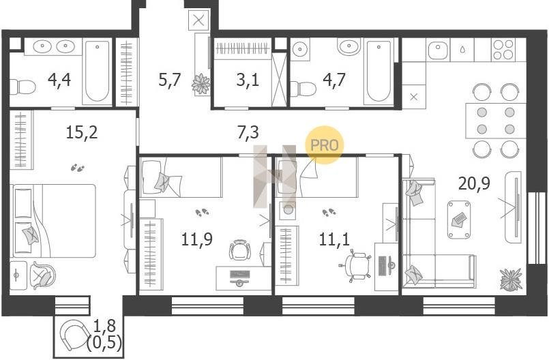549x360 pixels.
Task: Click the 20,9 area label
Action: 474,183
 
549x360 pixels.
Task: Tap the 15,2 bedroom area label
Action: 82,132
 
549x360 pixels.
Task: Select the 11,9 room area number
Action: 197,239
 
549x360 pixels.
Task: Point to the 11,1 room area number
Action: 334,239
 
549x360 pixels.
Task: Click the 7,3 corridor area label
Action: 248,133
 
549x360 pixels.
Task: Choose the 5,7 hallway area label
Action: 169,80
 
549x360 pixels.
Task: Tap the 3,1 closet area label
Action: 248,80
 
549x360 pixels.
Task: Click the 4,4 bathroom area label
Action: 59,80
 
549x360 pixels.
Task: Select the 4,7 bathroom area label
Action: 334,80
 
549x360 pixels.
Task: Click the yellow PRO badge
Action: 324,145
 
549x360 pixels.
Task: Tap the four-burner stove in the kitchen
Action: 503,49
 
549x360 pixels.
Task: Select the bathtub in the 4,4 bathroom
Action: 97,71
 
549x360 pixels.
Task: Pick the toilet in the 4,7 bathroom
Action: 303,89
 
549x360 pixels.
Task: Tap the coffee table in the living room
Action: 459,220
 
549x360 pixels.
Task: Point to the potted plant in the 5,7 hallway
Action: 201,84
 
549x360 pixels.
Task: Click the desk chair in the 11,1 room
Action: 355,265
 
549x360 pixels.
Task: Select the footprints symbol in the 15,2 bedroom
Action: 78,168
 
